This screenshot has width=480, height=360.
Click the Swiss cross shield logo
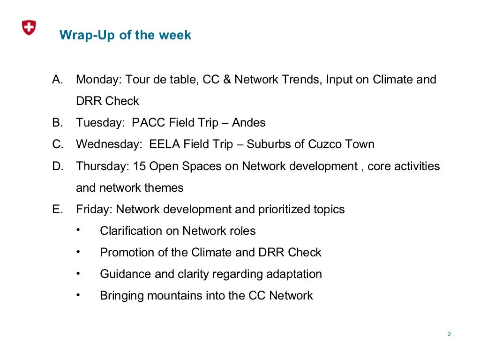pos(29,28)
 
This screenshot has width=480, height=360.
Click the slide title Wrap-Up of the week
pos(125,35)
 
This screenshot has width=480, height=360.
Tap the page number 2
pos(449,334)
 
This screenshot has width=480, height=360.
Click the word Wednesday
pos(108,144)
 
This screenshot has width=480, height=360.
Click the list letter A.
pos(57,79)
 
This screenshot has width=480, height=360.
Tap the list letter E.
pos(57,209)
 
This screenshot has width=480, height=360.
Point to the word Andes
pos(249,123)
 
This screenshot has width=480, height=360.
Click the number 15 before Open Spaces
pos(139,166)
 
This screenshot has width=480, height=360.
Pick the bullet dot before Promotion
pos(78,252)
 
